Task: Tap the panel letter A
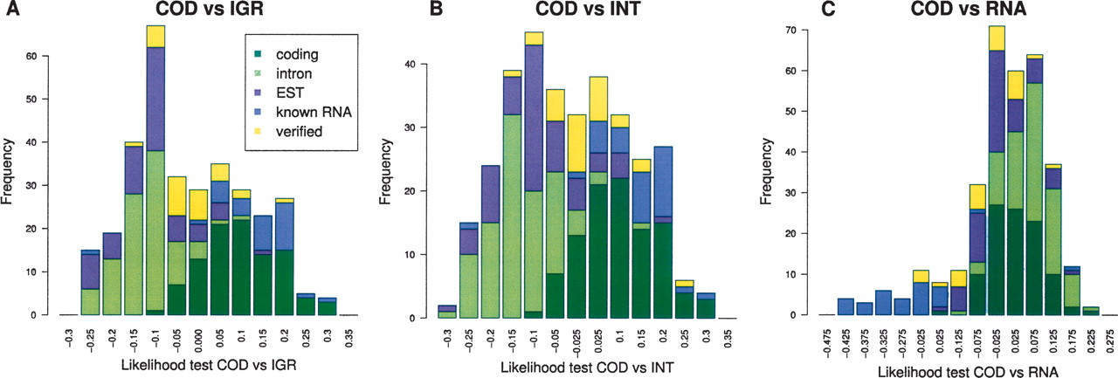point(9,12)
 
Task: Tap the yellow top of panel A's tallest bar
point(155,36)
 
